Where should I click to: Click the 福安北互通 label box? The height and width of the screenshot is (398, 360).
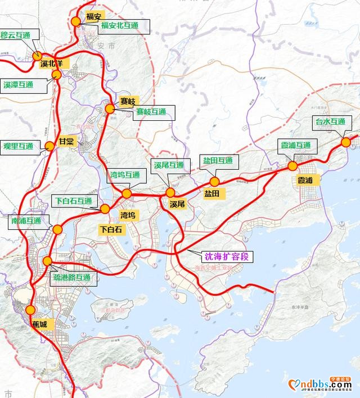click(118, 26)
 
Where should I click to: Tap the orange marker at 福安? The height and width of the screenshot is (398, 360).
click(75, 21)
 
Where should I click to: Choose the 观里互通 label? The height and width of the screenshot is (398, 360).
click(19, 146)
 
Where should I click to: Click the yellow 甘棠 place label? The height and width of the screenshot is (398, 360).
click(66, 142)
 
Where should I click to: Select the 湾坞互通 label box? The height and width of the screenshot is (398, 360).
click(124, 175)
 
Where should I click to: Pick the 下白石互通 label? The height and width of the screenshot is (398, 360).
click(74, 201)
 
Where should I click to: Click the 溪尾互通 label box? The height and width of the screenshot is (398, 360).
click(169, 165)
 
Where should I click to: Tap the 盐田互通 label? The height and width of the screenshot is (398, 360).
click(218, 161)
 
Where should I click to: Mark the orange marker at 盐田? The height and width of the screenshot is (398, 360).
click(214, 182)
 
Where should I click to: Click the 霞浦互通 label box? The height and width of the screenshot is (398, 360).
click(296, 145)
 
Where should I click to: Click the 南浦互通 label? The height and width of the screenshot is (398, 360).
click(26, 221)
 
